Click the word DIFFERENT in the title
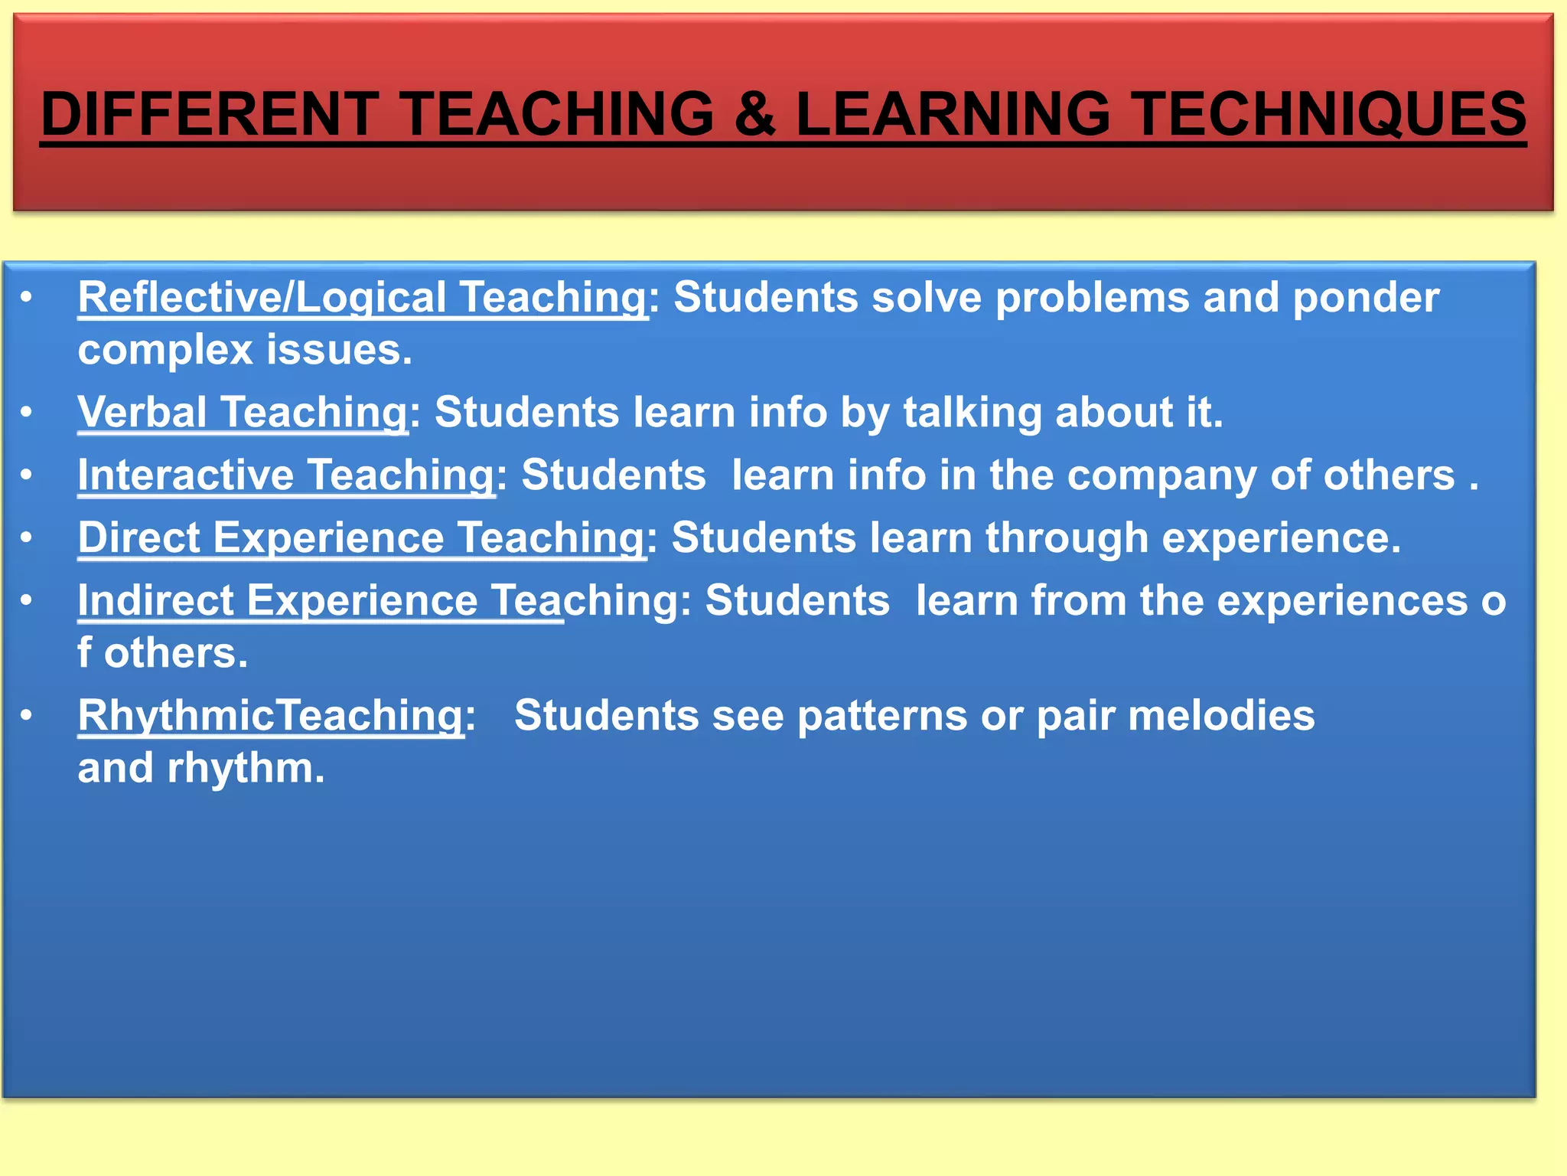pyautogui.click(x=210, y=113)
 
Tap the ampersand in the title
pyautogui.click(x=754, y=113)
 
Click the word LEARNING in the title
pyautogui.click(x=953, y=113)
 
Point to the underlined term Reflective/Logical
pyautogui.click(x=262, y=297)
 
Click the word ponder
pyautogui.click(x=1366, y=299)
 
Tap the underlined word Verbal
pyautogui.click(x=142, y=412)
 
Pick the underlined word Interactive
pyautogui.click(x=186, y=475)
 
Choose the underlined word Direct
pyautogui.click(x=138, y=537)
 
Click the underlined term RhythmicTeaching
pyautogui.click(x=271, y=716)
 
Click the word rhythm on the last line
pyautogui.click(x=246, y=768)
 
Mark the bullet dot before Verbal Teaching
pyautogui.click(x=27, y=413)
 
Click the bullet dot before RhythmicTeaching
pyautogui.click(x=27, y=715)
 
